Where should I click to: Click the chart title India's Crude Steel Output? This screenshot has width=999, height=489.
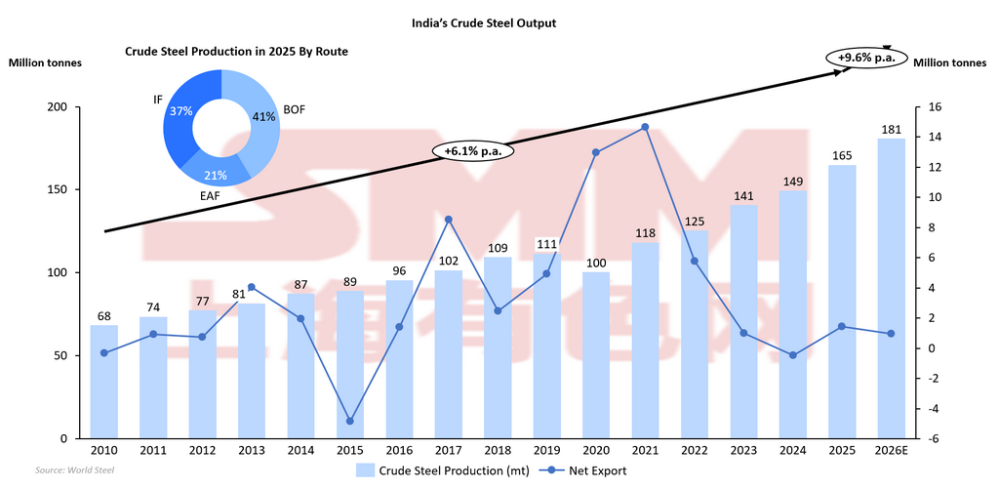pos(499,22)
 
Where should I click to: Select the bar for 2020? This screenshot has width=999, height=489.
pos(595,355)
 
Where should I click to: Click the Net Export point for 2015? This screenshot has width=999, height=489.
pos(349,421)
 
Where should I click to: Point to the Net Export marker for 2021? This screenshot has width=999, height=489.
pos(645,127)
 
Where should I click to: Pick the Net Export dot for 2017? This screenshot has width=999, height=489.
pos(448,220)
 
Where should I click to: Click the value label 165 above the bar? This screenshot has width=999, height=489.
pos(842,155)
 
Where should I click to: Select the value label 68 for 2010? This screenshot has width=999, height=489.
pos(103,315)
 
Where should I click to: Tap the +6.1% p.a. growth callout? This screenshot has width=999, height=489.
pos(472,151)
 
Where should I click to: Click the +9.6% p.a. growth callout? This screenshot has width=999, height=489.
pos(866,59)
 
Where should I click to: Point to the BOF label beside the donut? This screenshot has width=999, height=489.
pos(294,109)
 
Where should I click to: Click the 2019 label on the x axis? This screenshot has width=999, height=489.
pos(546,452)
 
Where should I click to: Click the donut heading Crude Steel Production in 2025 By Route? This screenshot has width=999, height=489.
pos(236,51)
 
